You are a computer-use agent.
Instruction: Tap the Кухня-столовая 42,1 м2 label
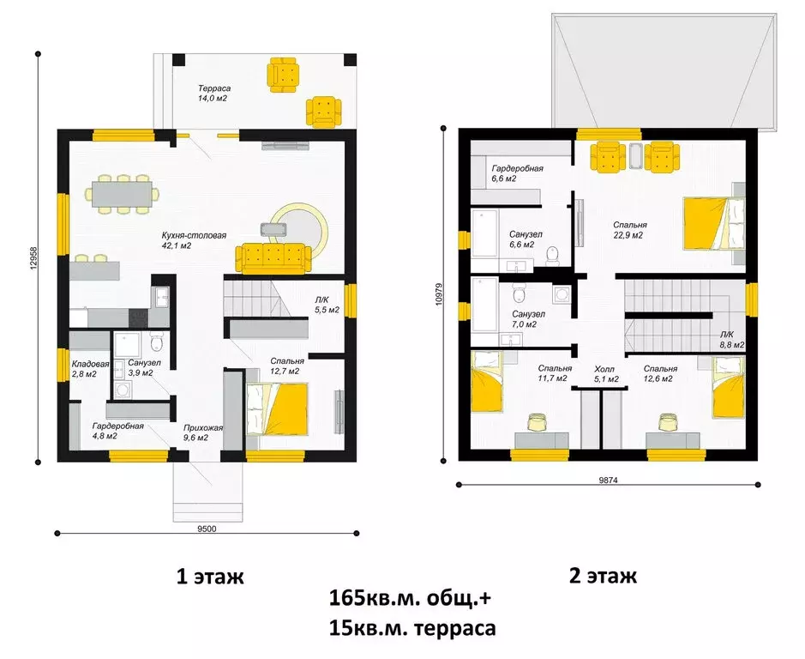tap(187, 239)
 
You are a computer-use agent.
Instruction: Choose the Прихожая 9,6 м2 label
tap(202, 432)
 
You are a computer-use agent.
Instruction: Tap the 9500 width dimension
tap(206, 529)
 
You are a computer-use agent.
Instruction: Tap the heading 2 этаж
tap(603, 576)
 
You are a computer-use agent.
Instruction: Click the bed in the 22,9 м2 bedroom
tap(712, 222)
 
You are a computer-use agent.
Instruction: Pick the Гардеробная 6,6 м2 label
tap(517, 173)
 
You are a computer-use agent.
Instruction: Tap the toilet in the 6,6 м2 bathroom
tap(554, 254)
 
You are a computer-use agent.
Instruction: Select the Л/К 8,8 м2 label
tap(731, 340)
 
